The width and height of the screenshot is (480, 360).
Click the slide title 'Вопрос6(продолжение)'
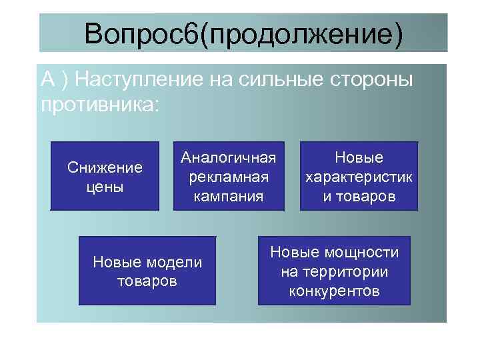click(243, 33)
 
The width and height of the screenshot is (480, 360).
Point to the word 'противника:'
click(100, 105)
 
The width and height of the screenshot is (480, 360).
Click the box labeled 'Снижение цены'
click(105, 176)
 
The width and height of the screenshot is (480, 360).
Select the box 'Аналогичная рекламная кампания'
click(229, 176)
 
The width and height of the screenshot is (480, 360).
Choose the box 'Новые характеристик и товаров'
click(359, 176)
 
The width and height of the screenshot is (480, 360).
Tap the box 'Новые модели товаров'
click(147, 271)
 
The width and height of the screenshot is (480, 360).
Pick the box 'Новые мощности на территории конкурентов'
click(334, 271)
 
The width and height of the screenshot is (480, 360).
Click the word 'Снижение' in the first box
click(105, 167)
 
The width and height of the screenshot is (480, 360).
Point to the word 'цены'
click(105, 186)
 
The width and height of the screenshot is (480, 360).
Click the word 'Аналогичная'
click(229, 159)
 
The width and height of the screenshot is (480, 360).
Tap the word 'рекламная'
click(229, 177)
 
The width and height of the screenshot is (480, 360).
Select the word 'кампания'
click(229, 196)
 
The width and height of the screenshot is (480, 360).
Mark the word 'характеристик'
click(359, 178)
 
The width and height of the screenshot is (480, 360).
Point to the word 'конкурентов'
click(334, 291)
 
